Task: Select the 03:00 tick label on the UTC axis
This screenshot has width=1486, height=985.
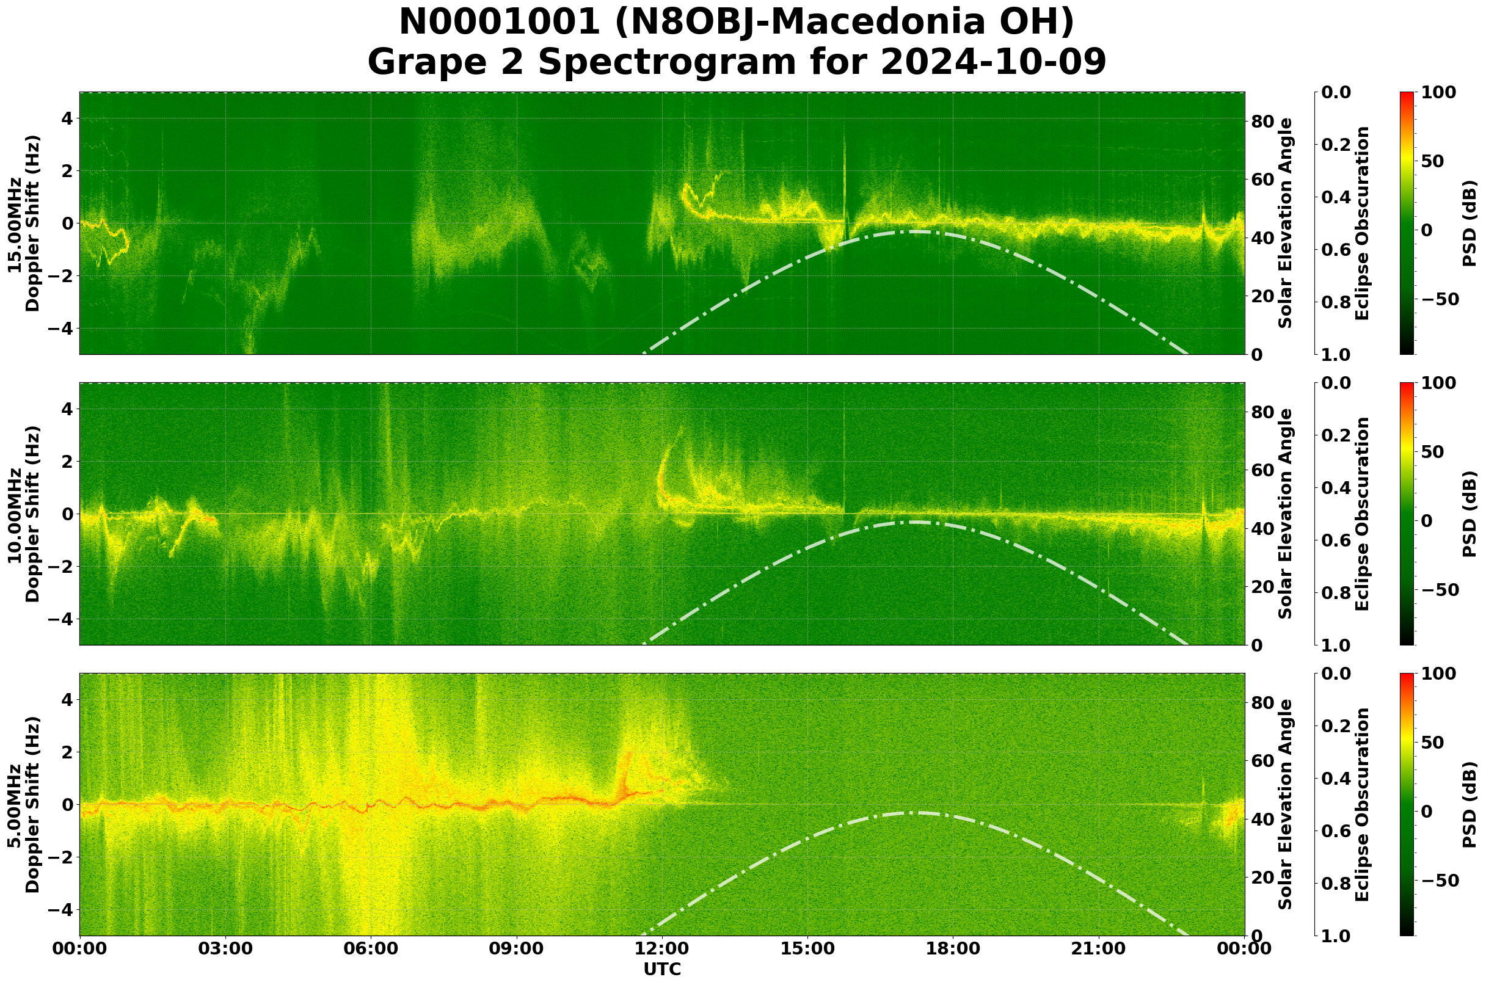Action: [x=225, y=948]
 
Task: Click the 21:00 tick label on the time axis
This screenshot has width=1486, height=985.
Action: [x=1099, y=948]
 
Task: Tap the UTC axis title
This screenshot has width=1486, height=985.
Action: [x=662, y=969]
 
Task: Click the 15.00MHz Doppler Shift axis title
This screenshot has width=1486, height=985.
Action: [x=23, y=223]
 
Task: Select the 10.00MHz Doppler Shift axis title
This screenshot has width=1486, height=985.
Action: [x=23, y=514]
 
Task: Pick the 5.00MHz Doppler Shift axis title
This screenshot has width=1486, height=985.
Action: [x=23, y=805]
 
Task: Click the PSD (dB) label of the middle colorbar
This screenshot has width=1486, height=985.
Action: [x=1470, y=514]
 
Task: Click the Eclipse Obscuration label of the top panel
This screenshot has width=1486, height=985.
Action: [x=1361, y=223]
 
